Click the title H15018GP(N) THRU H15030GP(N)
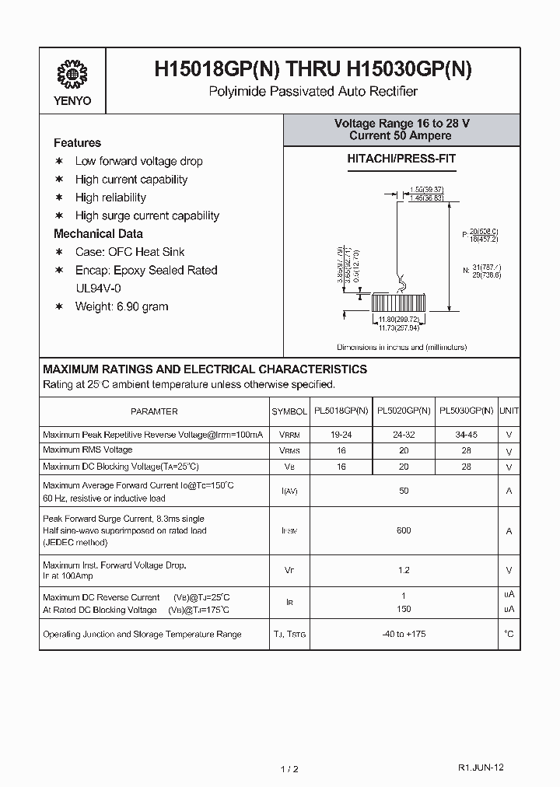coord(313,70)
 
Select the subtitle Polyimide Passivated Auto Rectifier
coord(313,92)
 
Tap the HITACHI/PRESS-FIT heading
coord(401,159)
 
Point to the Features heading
coord(77,142)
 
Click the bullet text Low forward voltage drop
coord(138,161)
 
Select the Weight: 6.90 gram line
coord(121,306)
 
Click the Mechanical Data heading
coord(98,233)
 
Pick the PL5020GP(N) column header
coord(404,411)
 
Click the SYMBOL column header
coord(289,411)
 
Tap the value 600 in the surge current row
coord(404,530)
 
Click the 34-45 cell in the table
coord(467,435)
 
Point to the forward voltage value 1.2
coord(404,570)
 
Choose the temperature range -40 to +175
coord(404,634)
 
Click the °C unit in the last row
coord(509,634)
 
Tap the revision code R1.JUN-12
coord(481,767)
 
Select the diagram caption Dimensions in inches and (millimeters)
coord(401,347)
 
